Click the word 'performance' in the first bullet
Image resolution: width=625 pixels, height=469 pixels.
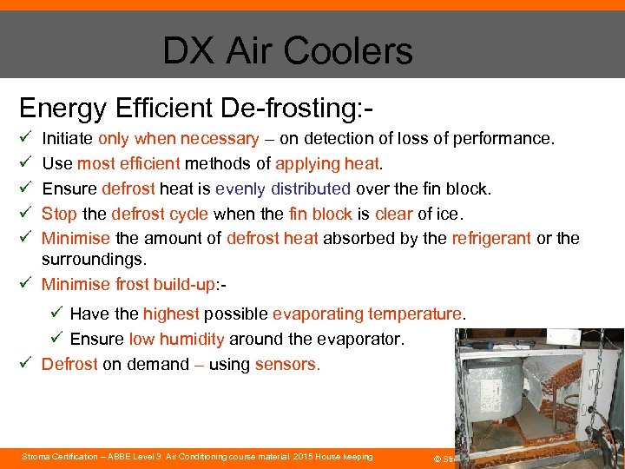point(504,138)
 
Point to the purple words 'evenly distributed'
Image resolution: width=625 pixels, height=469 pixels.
point(283,188)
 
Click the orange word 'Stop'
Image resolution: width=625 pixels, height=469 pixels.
point(59,214)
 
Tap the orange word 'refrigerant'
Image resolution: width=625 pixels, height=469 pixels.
point(491,238)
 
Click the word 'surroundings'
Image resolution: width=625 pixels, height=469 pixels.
point(94,260)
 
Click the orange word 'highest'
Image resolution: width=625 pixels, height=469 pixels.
point(171,314)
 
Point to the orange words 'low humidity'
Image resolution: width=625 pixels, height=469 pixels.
point(176,339)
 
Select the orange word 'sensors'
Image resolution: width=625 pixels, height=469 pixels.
point(286,364)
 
